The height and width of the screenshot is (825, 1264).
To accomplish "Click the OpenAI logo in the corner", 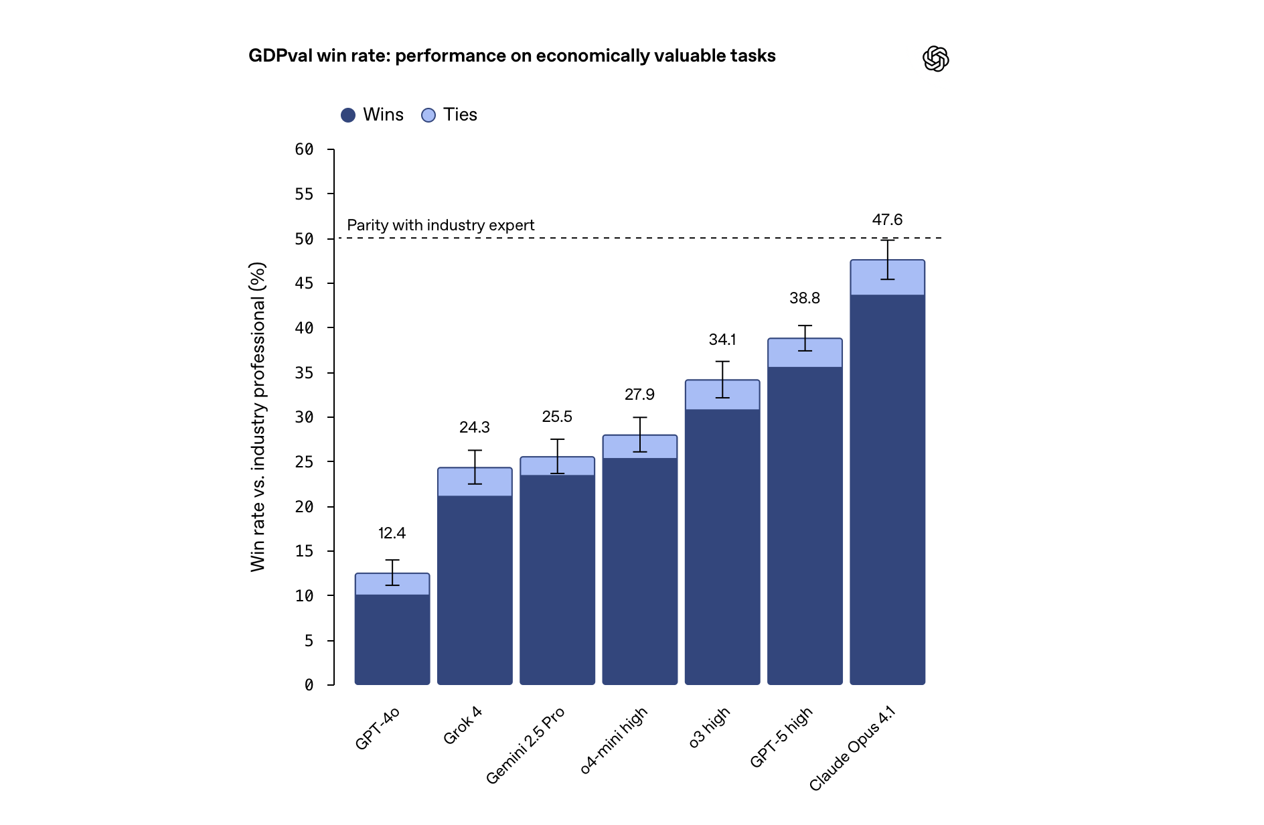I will tap(935, 59).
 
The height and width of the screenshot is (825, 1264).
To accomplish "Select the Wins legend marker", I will tap(348, 115).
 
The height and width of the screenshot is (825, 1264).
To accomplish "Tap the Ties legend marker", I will tap(428, 115).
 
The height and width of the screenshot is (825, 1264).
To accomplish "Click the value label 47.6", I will tap(887, 220).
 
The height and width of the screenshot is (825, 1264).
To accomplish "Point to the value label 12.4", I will tap(392, 533).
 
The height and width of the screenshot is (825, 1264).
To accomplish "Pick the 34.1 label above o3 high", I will tap(722, 340).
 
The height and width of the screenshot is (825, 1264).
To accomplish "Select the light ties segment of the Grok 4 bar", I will tap(455, 482).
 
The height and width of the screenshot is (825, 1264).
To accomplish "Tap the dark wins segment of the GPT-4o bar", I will tap(392, 640).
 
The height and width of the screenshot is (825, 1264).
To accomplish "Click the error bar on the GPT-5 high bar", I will tap(805, 338).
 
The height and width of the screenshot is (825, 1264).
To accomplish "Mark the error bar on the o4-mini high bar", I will tap(640, 435).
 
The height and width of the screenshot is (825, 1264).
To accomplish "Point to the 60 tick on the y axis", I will tap(304, 149).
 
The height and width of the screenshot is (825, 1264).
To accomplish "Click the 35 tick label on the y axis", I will tap(304, 373).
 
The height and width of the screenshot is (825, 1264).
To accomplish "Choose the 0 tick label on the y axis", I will tap(309, 685).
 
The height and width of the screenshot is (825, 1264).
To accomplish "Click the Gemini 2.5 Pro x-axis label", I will tap(526, 745).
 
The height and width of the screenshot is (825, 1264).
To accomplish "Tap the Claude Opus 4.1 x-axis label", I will tap(852, 748).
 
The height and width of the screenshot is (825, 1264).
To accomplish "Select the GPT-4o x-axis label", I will tap(378, 728).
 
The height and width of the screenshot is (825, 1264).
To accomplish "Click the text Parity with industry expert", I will tap(441, 225).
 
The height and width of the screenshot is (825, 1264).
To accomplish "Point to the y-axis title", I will tap(258, 417).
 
